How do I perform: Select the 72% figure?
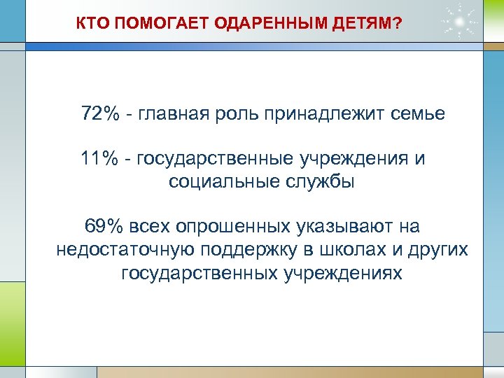point(100,113)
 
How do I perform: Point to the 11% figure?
point(99,159)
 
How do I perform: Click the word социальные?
point(223,182)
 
